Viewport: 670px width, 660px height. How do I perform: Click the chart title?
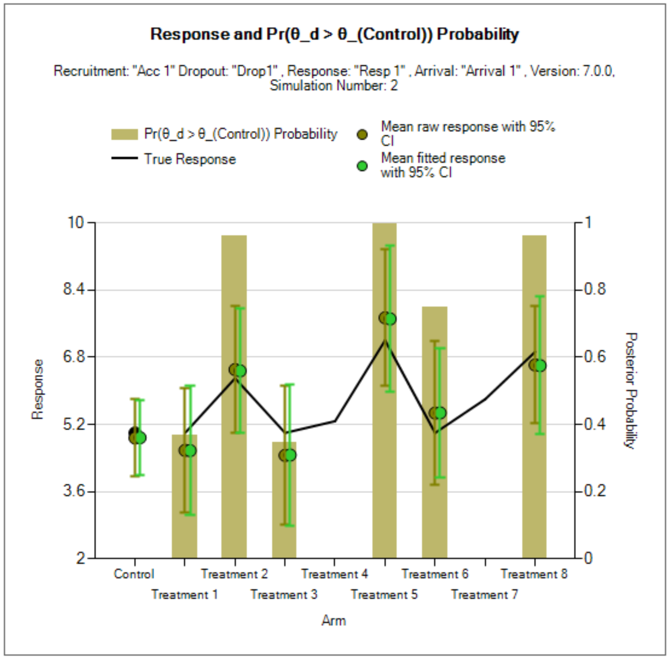point(335,34)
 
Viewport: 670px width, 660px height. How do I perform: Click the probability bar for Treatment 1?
point(184,531)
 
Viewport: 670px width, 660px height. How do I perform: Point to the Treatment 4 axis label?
point(335,574)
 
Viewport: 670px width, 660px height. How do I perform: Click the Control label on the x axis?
point(134,574)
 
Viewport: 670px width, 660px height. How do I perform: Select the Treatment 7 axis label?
point(484,595)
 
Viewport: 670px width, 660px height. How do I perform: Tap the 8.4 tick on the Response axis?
point(73,289)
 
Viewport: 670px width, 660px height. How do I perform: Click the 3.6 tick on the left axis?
point(73,491)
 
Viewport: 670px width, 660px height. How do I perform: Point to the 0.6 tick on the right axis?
point(595,357)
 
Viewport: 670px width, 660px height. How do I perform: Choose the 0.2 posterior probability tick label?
point(595,491)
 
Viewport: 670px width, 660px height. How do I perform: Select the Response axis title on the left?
point(37,389)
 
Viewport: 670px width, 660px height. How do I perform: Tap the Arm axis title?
point(334,621)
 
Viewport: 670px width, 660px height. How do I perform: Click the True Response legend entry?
point(190,159)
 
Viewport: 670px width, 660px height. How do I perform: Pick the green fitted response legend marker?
point(362,166)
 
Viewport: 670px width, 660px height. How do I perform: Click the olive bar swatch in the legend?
point(124,134)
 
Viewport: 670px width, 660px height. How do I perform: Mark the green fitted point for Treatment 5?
point(390,319)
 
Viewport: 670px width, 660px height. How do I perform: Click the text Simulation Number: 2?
point(334,86)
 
